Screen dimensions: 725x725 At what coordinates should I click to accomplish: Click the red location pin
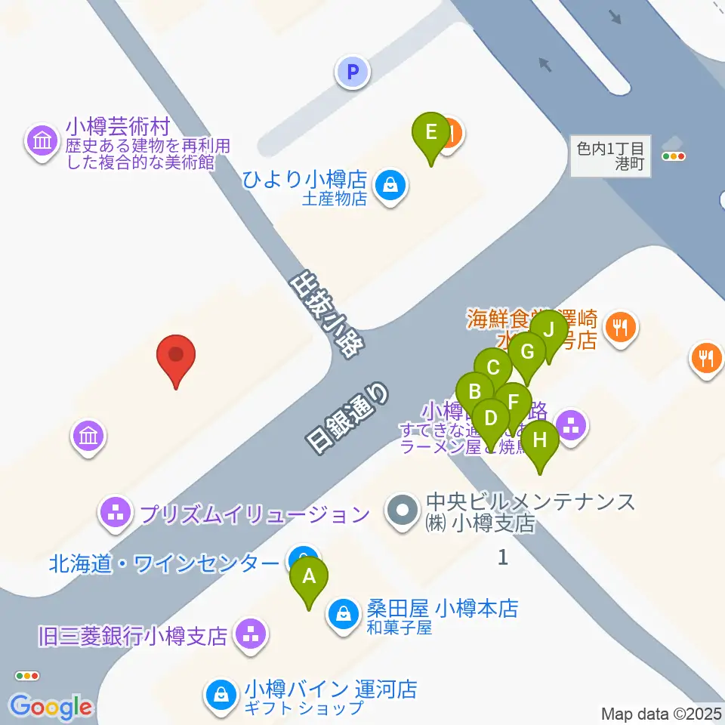coord(176,357)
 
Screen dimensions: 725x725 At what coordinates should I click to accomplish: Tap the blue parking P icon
coord(352,72)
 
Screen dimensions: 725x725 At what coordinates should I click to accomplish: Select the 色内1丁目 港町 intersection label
coord(610,156)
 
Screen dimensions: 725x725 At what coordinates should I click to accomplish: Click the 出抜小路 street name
coord(326,313)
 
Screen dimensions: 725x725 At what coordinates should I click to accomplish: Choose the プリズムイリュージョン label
coord(254,515)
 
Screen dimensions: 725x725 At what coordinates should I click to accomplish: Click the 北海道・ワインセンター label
coord(164,563)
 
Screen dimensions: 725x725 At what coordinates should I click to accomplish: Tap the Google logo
coord(51,707)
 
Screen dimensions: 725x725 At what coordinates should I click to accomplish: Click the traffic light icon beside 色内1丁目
coord(673,156)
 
